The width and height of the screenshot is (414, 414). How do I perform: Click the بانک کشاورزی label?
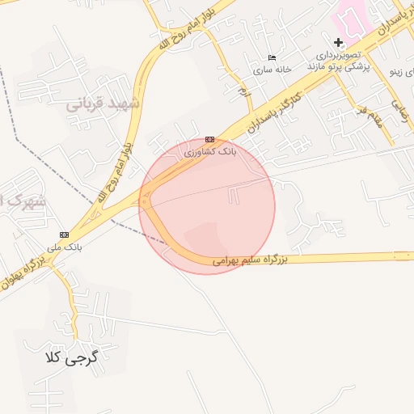[211, 151]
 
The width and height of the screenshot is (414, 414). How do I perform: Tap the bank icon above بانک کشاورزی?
[210, 140]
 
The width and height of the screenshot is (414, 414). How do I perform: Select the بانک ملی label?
[64, 247]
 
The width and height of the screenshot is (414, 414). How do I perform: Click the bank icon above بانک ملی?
[65, 234]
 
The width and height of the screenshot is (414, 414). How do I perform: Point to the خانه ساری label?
[272, 70]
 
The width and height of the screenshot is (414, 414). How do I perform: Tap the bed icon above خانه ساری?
[272, 57]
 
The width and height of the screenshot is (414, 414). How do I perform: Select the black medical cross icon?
[338, 42]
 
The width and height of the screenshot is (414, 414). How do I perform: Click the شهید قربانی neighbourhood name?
[103, 103]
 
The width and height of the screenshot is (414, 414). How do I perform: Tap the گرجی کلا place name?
[71, 356]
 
